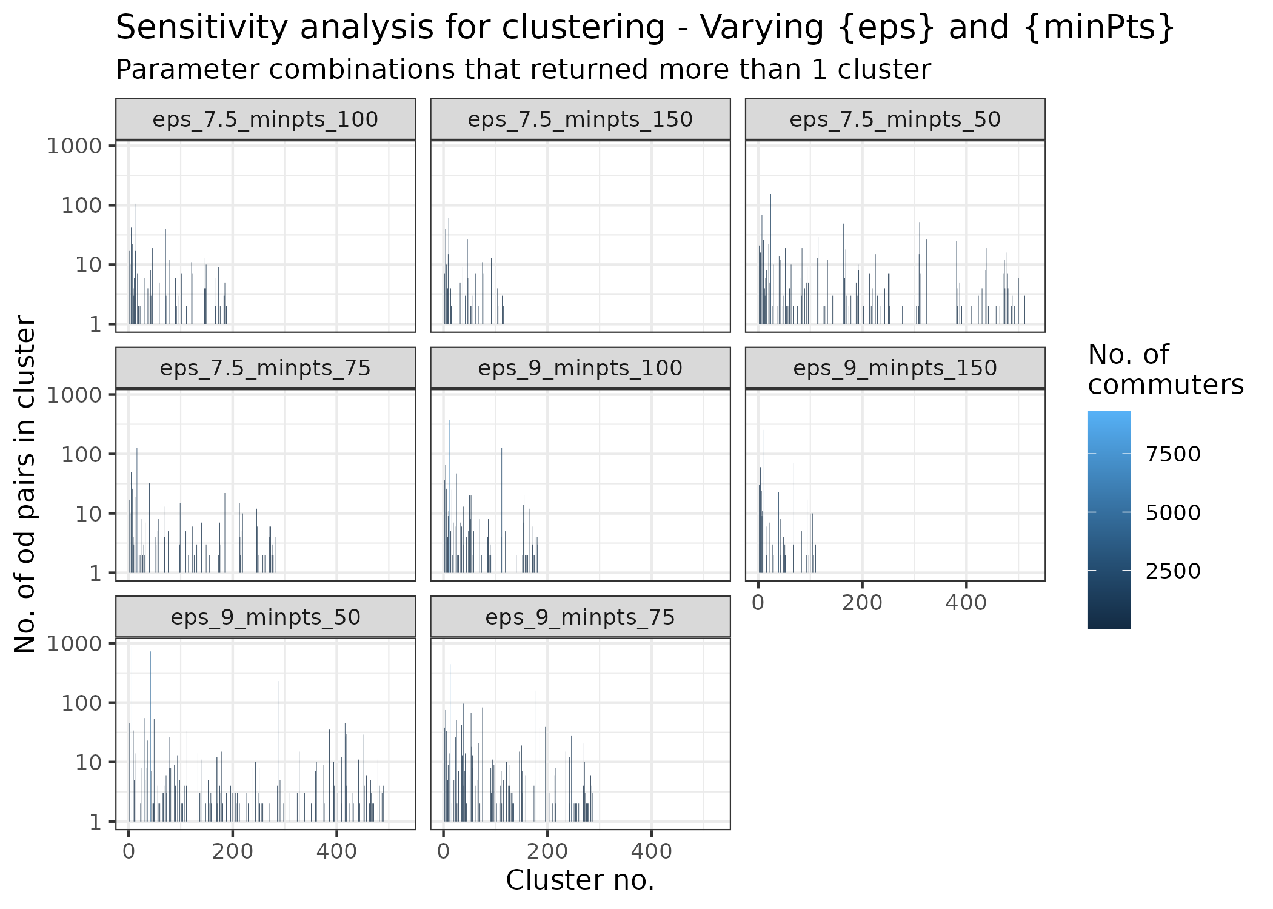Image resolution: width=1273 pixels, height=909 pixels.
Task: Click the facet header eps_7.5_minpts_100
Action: [x=265, y=119]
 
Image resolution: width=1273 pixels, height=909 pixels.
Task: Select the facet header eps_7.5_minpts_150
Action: [x=580, y=119]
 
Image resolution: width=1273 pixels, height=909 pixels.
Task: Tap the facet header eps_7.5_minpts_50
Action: [x=895, y=119]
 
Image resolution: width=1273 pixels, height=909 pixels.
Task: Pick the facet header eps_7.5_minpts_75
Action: [x=265, y=368]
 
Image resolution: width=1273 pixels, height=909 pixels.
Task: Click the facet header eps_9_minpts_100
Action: [x=580, y=368]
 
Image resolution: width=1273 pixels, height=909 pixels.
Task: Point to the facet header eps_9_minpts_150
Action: [x=895, y=368]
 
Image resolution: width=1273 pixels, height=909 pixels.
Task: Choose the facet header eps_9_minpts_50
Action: [x=265, y=617]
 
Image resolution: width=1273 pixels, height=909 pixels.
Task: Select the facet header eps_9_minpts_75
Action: [x=580, y=617]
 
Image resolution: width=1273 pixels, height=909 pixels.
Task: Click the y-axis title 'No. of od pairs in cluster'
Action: [x=25, y=483]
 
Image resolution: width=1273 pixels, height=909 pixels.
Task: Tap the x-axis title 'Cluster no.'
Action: [x=580, y=880]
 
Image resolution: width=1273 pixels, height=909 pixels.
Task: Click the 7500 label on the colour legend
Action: [x=1172, y=454]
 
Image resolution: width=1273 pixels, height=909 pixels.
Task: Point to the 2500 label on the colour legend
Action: [x=1172, y=571]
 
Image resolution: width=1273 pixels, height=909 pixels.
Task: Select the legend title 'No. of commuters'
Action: [x=1164, y=369]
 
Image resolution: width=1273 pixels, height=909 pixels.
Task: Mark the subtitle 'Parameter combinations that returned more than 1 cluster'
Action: [x=523, y=70]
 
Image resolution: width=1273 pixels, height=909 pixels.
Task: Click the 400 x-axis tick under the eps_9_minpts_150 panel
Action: [x=966, y=603]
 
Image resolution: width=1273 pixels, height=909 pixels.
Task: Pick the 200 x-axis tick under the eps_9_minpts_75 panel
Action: [x=547, y=851]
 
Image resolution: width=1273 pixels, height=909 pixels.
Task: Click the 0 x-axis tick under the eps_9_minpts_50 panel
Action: [x=129, y=851]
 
